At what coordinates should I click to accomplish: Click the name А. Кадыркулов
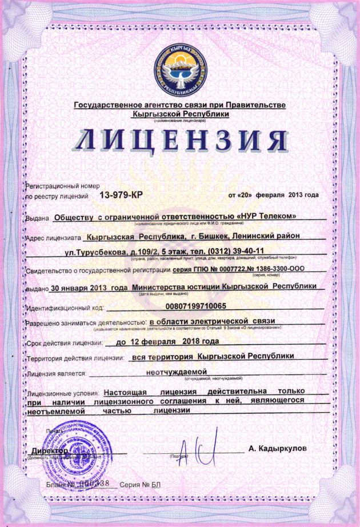coord(277,449)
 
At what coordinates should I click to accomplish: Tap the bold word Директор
coord(47,451)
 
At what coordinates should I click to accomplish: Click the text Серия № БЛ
coord(138,484)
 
